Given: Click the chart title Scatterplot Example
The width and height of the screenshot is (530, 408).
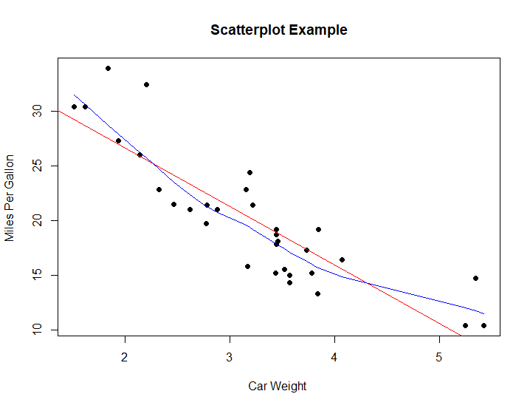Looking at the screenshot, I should pos(278,30).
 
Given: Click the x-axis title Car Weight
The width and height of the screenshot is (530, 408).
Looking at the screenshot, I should pos(277,386).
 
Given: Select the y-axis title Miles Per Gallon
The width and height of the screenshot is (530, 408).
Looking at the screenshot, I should pos(10,197).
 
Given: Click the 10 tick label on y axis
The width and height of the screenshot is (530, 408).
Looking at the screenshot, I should pos(34,330).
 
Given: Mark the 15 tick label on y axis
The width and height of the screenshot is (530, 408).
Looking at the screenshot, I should pos(34,275).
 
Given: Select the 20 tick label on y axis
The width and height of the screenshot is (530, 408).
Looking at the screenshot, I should pos(34,220).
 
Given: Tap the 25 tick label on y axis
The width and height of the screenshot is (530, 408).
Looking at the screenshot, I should pos(34,166).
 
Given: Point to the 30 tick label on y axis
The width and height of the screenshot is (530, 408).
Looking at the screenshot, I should pos(34,111).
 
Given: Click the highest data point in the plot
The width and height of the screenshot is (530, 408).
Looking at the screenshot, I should pos(108,68).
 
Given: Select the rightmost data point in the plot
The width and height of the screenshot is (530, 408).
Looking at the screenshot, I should pos(483,325).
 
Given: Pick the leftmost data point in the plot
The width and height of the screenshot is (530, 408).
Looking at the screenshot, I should pos(74,106).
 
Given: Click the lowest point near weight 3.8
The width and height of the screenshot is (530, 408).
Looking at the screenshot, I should pos(317,293).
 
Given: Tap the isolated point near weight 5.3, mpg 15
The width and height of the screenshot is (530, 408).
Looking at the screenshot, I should pos(475,278).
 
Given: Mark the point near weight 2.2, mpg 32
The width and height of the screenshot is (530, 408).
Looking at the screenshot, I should pos(146,84).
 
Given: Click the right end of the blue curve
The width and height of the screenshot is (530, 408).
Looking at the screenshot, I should pos(483,313).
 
